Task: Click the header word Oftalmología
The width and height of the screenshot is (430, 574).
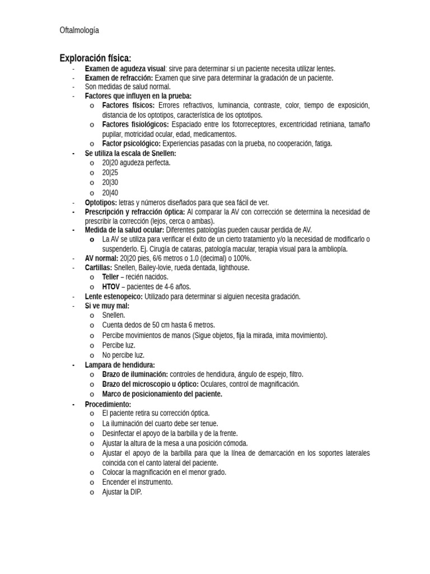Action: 79,30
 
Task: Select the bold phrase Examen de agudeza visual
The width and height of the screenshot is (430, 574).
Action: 125,68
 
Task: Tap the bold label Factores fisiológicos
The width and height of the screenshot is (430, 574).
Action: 135,124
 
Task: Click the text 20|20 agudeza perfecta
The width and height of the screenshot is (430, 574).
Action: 136,163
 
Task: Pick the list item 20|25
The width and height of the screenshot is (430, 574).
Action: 110,173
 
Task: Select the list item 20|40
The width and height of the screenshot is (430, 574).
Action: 110,192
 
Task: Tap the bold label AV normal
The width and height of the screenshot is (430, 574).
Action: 101,258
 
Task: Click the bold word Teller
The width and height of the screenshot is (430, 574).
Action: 111,277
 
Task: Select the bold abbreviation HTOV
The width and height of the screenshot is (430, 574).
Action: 111,286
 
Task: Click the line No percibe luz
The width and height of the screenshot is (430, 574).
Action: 123,355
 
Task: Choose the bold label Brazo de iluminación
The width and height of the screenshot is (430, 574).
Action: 135,374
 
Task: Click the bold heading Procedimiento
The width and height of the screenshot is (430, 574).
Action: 108,404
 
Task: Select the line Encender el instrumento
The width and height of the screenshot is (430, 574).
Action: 137,482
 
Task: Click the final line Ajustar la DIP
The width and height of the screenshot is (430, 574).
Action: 122,492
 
